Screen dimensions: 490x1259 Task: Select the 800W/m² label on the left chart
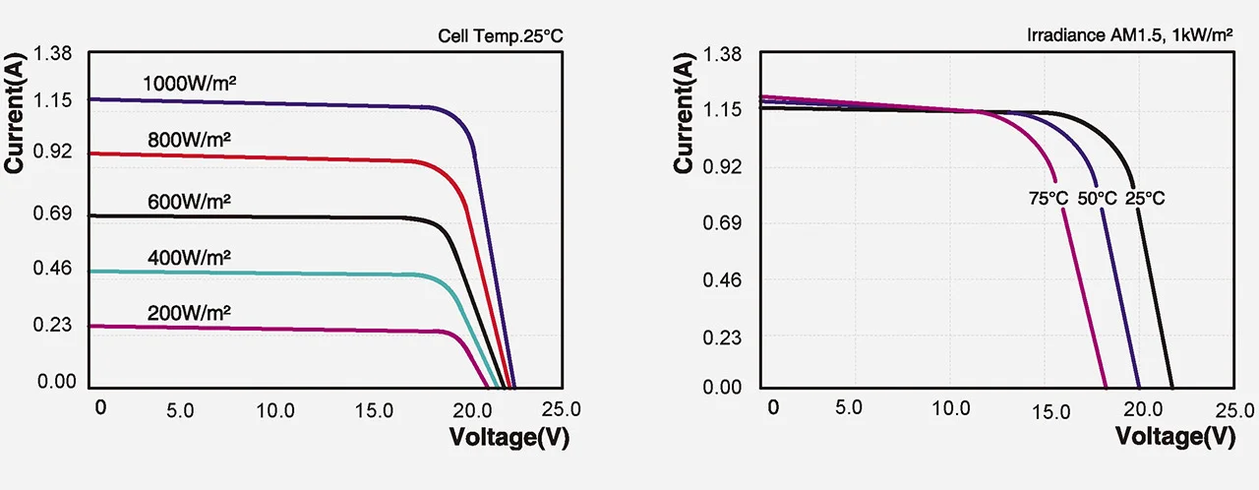[189, 140]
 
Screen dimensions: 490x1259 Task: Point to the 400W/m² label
[189, 258]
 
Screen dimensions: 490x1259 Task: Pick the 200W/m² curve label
[189, 313]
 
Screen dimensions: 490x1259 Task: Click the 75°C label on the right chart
[1049, 199]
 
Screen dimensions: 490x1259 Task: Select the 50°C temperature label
[1098, 199]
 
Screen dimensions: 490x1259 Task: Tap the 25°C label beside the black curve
[1145, 199]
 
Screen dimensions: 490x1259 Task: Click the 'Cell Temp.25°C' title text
[501, 37]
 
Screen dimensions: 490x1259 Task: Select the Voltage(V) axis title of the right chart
[1176, 436]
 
